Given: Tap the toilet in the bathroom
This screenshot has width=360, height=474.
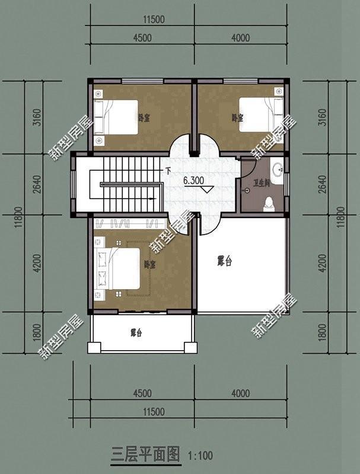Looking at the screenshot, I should coord(268,203).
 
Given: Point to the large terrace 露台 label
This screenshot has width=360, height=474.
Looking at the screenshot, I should coord(224,261).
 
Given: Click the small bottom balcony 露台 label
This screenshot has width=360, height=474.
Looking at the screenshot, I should coord(136,333).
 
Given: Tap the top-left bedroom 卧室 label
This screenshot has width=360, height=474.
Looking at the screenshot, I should coord(143,118).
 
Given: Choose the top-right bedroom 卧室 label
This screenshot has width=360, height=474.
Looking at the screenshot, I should coord(238,118).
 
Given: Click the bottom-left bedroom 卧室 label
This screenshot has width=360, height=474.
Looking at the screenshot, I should coord(150,264).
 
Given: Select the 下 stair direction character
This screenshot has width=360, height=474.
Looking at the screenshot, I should coord(168,172).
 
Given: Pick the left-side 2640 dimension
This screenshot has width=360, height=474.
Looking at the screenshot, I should coord(37,184).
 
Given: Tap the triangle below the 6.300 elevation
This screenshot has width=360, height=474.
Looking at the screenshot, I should coord(207,190).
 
